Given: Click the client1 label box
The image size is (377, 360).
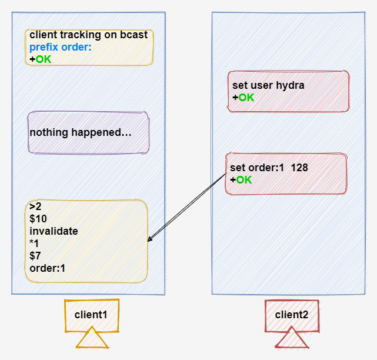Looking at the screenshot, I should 91,314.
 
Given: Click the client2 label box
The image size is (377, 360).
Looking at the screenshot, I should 292,314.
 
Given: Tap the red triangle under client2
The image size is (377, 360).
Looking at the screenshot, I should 292,339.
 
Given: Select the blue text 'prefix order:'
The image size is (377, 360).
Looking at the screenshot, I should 61,47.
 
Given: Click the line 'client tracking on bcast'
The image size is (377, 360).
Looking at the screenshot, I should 88,35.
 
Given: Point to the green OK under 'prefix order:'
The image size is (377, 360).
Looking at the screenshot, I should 44,59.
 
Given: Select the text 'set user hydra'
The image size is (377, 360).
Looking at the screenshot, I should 268,85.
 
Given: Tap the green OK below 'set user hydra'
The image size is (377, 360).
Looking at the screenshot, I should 246,97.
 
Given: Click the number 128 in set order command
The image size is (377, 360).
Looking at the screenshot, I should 299,168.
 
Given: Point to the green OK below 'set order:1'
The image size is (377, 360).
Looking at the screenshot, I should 243,180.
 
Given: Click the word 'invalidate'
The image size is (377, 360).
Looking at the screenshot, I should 54,231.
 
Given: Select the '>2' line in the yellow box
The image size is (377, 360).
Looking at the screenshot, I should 35,206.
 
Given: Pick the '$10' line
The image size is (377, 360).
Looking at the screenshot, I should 38,219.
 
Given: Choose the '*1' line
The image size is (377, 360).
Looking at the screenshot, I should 35,244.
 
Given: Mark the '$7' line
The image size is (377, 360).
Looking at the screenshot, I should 35,256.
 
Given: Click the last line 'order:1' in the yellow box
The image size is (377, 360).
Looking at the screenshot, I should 47,268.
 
